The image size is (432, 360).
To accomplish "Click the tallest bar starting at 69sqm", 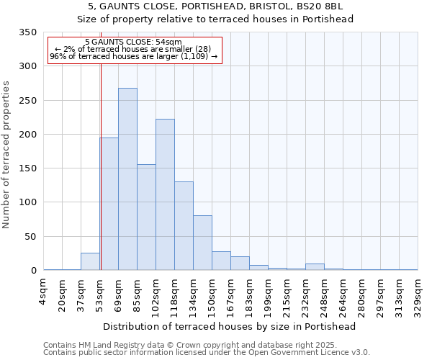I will coord(127,179).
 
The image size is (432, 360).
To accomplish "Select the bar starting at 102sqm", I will coord(165,194).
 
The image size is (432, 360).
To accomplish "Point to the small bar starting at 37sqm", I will coord(90,261).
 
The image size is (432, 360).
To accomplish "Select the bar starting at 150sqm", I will coord(221,261).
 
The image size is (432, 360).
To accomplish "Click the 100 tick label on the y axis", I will coord(28,202).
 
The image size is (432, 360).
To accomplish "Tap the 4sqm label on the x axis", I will coord(43,292).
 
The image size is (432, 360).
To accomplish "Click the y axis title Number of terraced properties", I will coord(6,155).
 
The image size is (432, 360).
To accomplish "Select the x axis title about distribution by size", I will coord(230,327).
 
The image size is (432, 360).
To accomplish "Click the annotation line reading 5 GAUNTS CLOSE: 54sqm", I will coord(133,42).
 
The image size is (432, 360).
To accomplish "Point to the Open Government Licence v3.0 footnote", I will coord(207,353).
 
